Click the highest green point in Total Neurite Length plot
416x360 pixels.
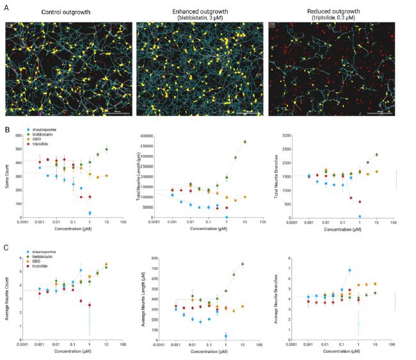tap(244, 142)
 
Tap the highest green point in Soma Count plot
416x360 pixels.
tap(106, 149)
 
